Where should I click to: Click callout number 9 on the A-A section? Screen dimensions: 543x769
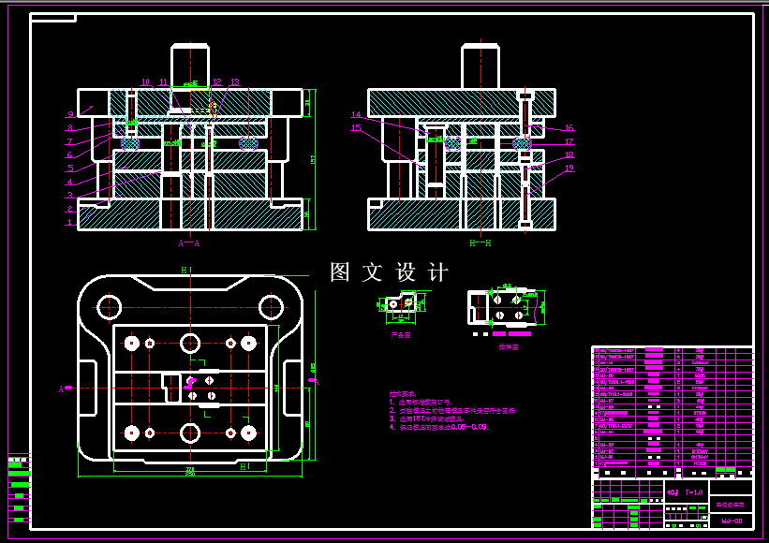(69, 114)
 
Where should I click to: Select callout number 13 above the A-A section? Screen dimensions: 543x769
(234, 82)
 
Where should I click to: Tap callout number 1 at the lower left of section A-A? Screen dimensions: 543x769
(69, 223)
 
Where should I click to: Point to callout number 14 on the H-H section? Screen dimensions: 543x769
(356, 115)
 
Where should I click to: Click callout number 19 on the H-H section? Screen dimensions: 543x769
(569, 169)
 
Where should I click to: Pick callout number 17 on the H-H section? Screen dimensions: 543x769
(569, 142)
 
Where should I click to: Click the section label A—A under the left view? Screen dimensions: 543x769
(190, 242)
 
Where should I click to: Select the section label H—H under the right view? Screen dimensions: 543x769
(481, 242)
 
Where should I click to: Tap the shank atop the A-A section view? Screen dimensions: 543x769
(190, 66)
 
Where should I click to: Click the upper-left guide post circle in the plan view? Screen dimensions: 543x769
(111, 306)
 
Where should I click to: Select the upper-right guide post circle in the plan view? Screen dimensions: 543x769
(272, 306)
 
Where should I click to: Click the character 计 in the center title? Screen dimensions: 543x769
(437, 272)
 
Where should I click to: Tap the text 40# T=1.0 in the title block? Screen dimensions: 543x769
(685, 491)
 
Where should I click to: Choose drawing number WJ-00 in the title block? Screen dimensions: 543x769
(732, 521)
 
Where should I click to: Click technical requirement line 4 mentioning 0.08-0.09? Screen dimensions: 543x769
(439, 427)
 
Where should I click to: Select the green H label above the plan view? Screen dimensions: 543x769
(184, 269)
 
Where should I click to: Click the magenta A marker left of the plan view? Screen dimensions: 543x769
(62, 388)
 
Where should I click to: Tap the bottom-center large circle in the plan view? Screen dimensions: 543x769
(190, 433)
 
